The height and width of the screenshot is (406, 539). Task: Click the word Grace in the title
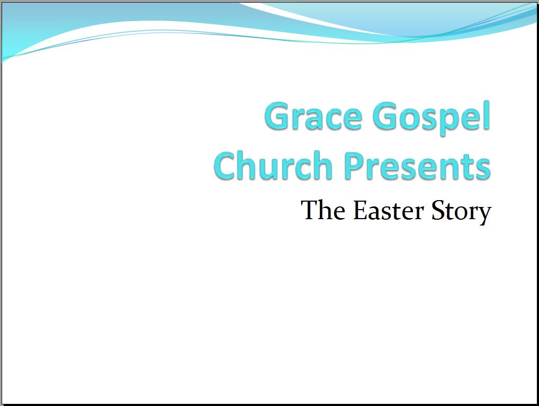313,116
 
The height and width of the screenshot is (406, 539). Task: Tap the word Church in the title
273,165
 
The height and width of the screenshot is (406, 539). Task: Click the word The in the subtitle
323,210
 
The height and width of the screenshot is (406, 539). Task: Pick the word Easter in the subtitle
389,210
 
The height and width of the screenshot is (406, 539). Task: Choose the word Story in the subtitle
461,212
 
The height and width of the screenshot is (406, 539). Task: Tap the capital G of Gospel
387,116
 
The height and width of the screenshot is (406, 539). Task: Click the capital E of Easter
361,210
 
